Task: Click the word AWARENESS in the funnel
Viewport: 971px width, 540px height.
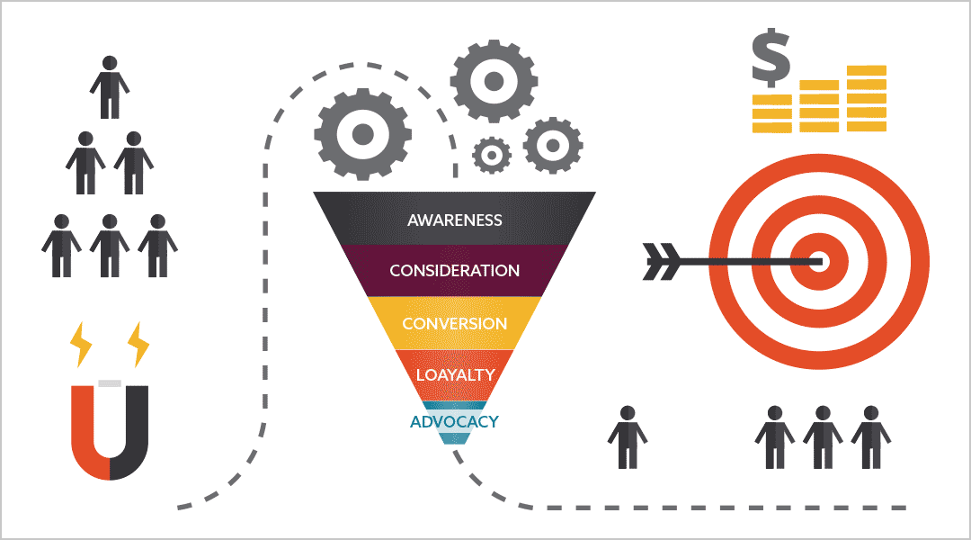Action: click(x=454, y=220)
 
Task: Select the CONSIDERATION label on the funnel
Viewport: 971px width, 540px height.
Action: click(x=454, y=271)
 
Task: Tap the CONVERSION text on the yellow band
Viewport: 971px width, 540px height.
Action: click(x=454, y=324)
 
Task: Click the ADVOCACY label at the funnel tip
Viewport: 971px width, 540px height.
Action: click(x=454, y=421)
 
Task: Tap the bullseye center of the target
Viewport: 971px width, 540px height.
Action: click(x=819, y=262)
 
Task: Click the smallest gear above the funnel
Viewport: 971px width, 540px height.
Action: click(x=491, y=156)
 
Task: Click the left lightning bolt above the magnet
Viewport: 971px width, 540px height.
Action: click(x=80, y=345)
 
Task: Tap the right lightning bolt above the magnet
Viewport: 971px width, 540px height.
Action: click(x=138, y=343)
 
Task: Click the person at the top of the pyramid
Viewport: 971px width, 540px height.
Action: click(x=110, y=87)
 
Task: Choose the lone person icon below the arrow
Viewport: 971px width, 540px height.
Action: click(x=627, y=436)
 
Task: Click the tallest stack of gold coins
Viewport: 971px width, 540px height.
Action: click(x=866, y=98)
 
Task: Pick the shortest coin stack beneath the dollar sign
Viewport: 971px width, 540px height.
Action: click(x=771, y=113)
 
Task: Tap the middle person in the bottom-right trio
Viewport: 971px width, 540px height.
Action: click(x=822, y=436)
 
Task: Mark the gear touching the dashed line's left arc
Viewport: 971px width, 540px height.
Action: click(x=362, y=135)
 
